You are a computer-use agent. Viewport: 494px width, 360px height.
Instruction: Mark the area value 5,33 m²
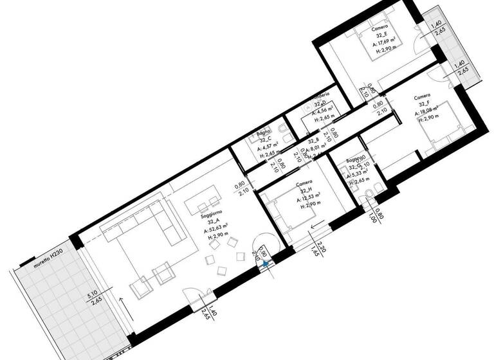click(358, 174)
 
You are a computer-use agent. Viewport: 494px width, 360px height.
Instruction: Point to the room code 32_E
click(382, 37)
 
